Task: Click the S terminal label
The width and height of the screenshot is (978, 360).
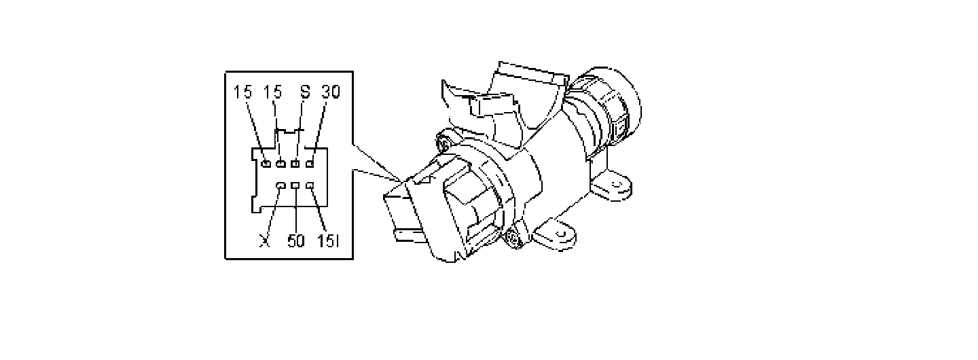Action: click(x=304, y=92)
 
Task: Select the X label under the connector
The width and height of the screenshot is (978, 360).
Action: click(x=266, y=241)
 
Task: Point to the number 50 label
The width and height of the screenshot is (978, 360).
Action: click(x=296, y=241)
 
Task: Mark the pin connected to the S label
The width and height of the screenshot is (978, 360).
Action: click(x=295, y=164)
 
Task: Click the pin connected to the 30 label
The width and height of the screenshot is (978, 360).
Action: click(x=310, y=164)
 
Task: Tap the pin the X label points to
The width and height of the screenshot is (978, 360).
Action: click(x=280, y=185)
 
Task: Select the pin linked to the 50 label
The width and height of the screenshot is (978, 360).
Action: click(x=295, y=185)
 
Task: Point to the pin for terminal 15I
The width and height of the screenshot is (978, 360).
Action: click(x=310, y=185)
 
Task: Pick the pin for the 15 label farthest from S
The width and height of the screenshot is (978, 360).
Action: click(x=266, y=164)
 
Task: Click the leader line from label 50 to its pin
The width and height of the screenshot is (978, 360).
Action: click(x=295, y=211)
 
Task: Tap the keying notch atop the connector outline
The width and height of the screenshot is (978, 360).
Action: click(x=289, y=130)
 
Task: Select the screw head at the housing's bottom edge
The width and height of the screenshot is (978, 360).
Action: click(x=514, y=238)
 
